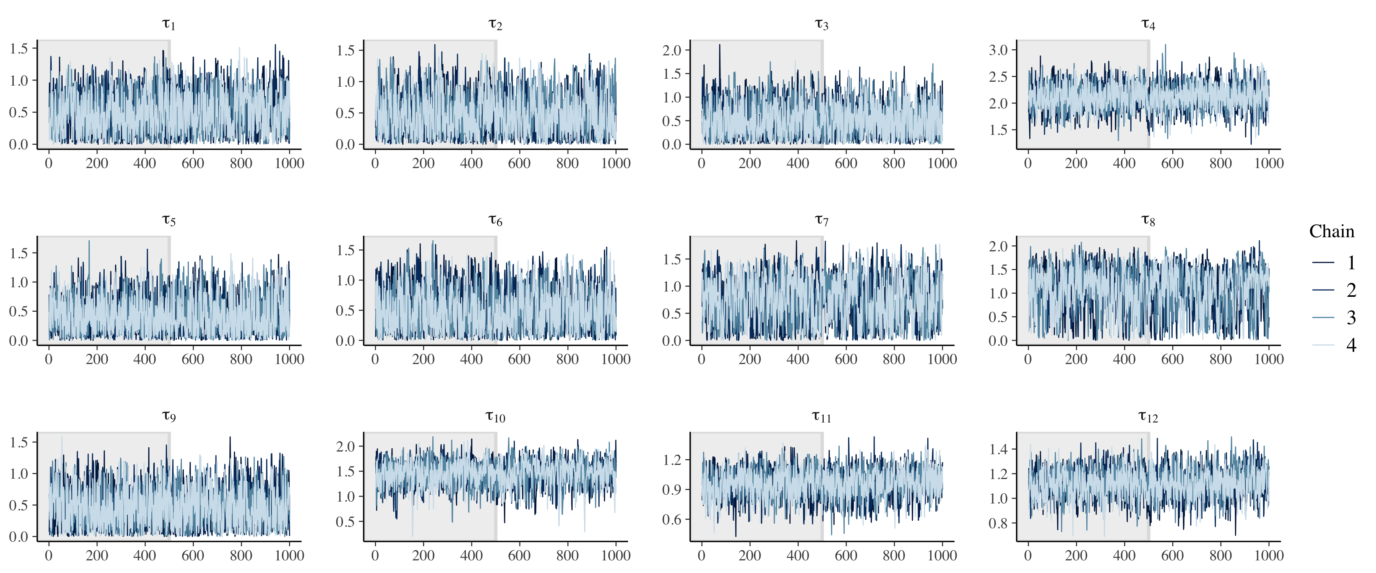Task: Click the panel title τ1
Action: click(169, 24)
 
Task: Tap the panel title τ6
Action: click(495, 220)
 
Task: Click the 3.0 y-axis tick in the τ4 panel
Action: click(998, 50)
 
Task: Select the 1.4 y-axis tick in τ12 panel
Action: click(998, 449)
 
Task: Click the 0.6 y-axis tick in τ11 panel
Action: click(672, 519)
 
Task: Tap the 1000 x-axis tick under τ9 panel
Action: click(289, 555)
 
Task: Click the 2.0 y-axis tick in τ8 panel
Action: click(998, 246)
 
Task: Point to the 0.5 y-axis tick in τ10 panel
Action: click(345, 522)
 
